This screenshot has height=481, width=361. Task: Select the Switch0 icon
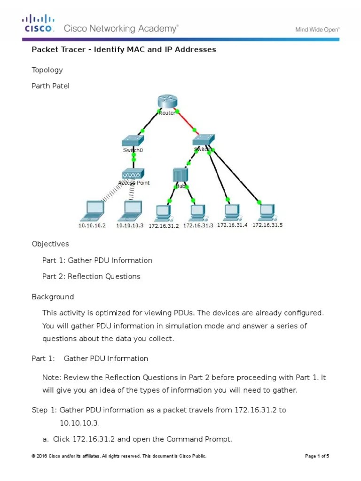pyautogui.click(x=133, y=140)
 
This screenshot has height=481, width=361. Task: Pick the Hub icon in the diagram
pyautogui.click(x=180, y=175)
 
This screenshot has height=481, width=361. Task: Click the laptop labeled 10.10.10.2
pyautogui.click(x=93, y=210)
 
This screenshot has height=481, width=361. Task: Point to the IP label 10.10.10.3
pyautogui.click(x=130, y=225)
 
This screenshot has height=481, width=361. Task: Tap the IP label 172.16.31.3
pyautogui.click(x=198, y=225)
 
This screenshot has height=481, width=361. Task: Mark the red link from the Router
pyautogui.click(x=185, y=122)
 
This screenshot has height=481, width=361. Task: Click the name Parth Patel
pyautogui.click(x=50, y=86)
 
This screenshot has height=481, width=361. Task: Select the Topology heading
pyautogui.click(x=47, y=70)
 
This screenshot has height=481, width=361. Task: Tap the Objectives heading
pyautogui.click(x=50, y=244)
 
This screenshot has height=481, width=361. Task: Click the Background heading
pyautogui.click(x=53, y=297)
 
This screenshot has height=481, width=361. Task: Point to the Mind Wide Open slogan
pyautogui.click(x=317, y=30)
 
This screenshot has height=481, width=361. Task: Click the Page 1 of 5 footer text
pyautogui.click(x=317, y=456)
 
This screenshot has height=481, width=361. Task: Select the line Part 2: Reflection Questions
pyautogui.click(x=91, y=276)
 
